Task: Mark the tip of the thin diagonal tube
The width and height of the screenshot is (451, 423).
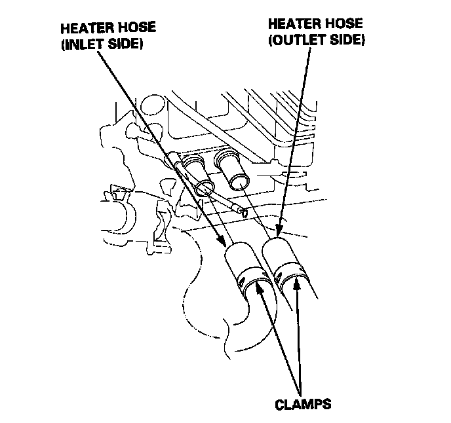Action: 245,212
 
